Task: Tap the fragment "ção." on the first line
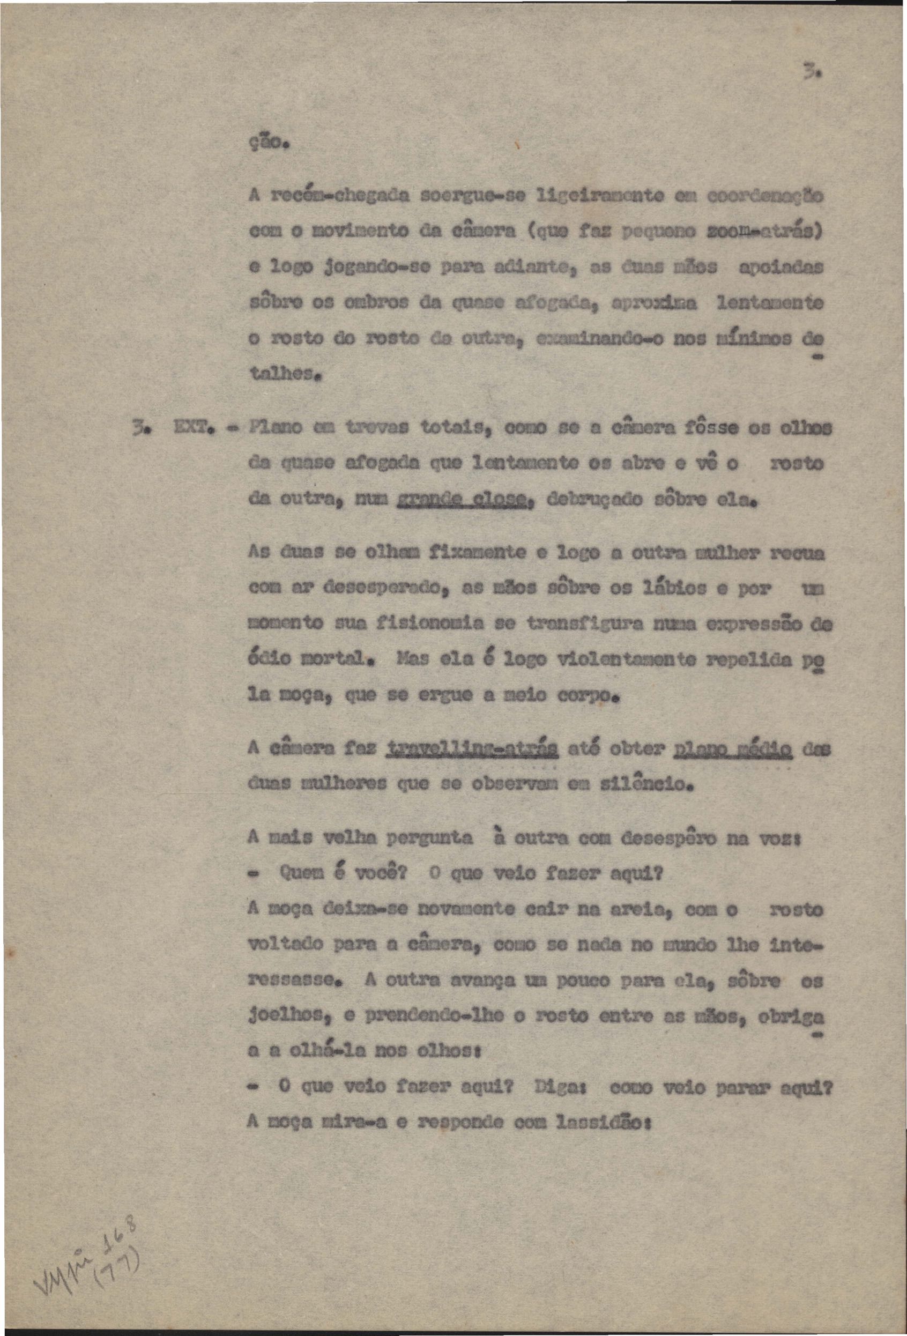pyautogui.click(x=267, y=141)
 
